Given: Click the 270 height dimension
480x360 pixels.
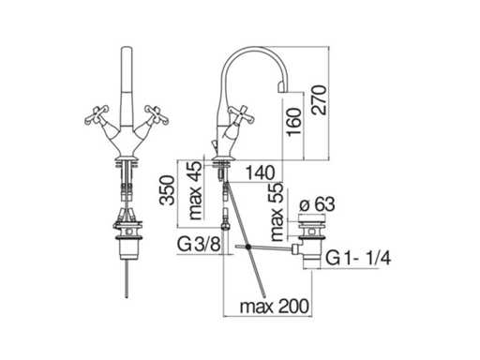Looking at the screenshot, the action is pos(319,99).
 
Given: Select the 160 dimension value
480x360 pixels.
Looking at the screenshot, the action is pos(294,122).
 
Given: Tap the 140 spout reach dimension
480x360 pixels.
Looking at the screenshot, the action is pos(261,172).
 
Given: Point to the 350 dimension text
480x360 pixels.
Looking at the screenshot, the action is pos(167,190).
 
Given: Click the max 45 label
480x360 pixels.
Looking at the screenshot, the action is pos(196,190).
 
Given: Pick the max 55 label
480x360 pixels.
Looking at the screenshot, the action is pos(277,212).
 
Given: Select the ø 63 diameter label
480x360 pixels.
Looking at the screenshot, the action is pos(317,205).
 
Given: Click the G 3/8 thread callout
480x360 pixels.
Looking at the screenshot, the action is pos(199,244).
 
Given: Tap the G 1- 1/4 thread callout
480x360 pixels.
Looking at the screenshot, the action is pos(358,259).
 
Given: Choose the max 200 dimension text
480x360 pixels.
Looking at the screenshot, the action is pos(275,306).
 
